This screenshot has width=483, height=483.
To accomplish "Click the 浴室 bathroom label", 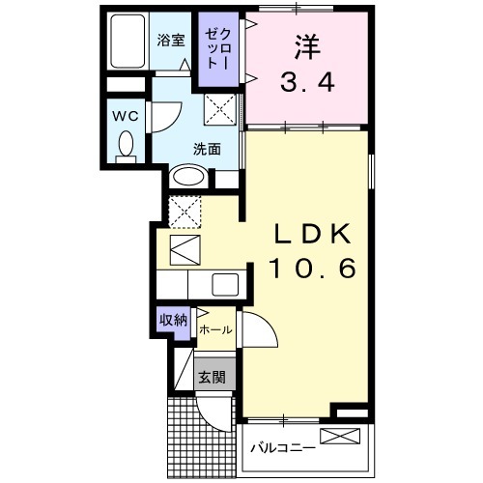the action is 171,41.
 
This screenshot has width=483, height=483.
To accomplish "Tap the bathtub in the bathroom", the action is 128,42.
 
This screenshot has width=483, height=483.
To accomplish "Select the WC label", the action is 126,116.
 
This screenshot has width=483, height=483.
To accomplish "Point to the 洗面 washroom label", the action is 207,150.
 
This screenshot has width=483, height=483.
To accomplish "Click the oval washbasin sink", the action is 188,176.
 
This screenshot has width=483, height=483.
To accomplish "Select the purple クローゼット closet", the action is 218,49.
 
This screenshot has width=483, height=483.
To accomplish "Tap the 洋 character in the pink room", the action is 307,46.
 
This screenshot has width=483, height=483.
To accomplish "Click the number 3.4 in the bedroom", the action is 307,81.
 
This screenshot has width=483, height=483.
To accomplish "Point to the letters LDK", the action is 312,234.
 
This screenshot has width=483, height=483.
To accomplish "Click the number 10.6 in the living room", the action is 312,269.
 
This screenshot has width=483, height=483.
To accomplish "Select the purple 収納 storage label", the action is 174,320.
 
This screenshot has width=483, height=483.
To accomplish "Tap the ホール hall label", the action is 215,329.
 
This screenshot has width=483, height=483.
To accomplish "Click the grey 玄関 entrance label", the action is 212,377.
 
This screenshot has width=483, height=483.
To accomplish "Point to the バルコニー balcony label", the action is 283,447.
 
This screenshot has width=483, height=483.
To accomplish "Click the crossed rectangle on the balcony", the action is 340,436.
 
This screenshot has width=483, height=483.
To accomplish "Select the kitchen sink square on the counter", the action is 225,284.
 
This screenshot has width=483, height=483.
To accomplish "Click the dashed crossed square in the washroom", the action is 220,109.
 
